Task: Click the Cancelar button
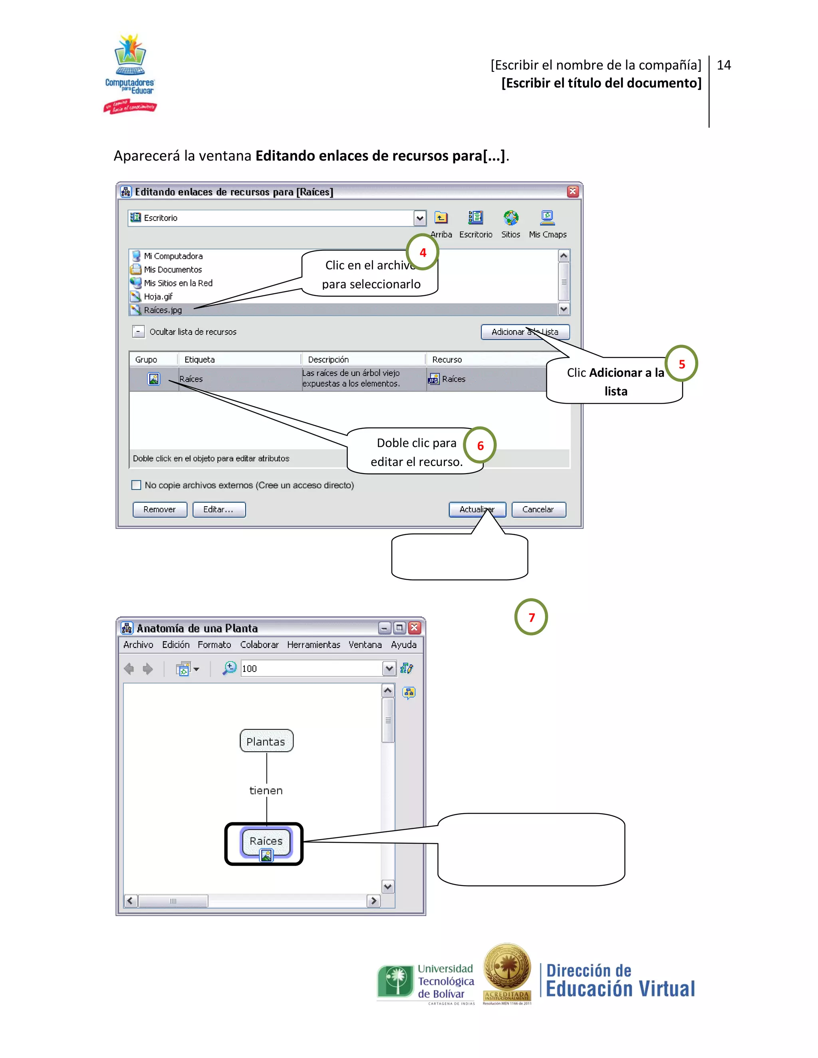point(538,509)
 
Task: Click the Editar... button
point(218,509)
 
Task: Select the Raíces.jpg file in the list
point(163,310)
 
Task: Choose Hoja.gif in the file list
point(158,297)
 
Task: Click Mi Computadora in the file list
point(173,256)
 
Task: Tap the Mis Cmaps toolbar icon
point(547,218)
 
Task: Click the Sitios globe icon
point(510,218)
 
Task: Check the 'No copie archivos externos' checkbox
point(136,485)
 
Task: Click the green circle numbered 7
point(531,617)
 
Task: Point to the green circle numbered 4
point(423,252)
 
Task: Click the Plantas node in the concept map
point(266,741)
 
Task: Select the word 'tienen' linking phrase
point(266,791)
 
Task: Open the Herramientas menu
point(313,645)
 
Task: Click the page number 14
point(723,65)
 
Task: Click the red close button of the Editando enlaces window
point(572,191)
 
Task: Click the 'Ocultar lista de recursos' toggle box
point(138,332)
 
